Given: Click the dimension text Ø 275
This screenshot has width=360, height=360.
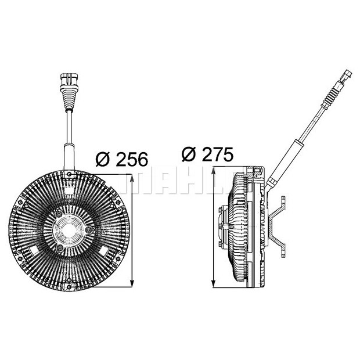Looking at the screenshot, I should (x=207, y=154).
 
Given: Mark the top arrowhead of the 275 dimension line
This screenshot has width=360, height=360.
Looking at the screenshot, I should (x=215, y=171).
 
